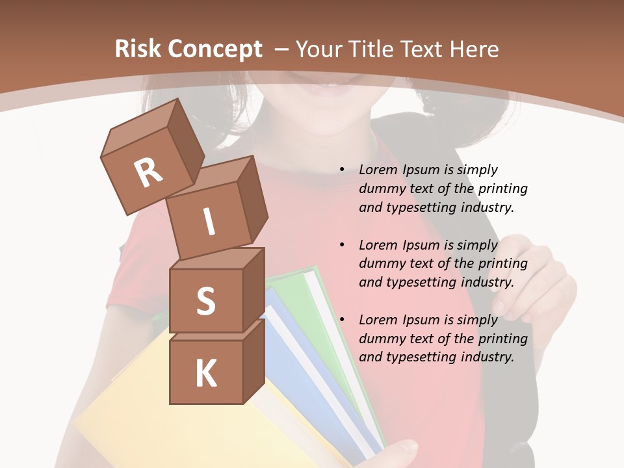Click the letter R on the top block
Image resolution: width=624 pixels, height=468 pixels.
[x=149, y=174]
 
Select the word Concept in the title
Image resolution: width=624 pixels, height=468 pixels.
[x=216, y=49]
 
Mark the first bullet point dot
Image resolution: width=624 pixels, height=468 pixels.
[x=342, y=170]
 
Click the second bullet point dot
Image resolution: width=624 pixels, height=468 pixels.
[x=342, y=245]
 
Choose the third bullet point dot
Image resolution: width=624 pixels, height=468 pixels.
[x=342, y=320]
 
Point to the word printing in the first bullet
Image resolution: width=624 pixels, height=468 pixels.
[x=502, y=188]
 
